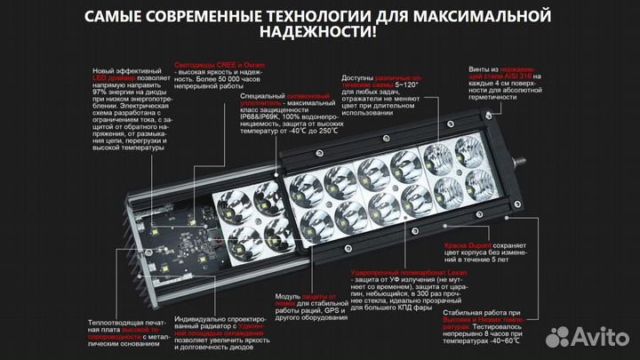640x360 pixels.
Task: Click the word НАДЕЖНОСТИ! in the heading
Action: (x=320, y=33)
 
